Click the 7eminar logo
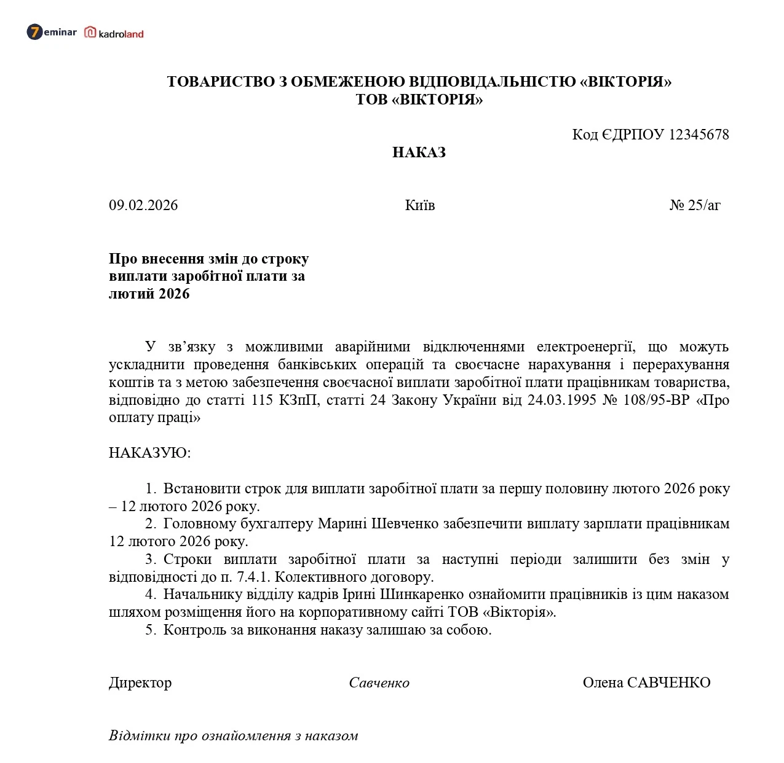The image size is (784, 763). click(x=52, y=32)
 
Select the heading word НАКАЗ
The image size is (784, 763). click(x=419, y=152)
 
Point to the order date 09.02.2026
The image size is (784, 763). click(x=143, y=205)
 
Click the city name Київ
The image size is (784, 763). click(x=420, y=205)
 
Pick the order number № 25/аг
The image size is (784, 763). click(x=695, y=205)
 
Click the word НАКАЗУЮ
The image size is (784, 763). click(x=149, y=453)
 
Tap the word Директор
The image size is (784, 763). click(x=140, y=683)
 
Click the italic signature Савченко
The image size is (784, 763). click(x=379, y=683)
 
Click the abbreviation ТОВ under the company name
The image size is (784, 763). click(x=371, y=100)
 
